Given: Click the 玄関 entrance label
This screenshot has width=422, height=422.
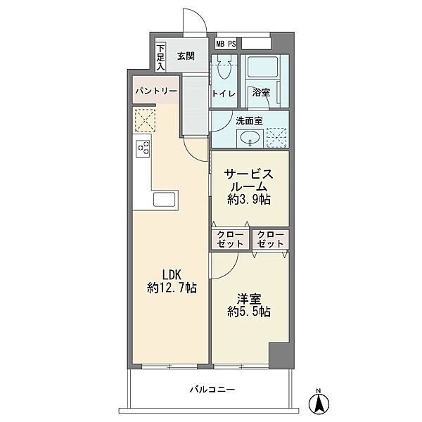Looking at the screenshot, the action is tap(186, 56).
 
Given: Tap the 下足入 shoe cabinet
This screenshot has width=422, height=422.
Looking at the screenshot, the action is tap(160, 58).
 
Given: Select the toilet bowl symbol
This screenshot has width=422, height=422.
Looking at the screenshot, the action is tap(224, 68).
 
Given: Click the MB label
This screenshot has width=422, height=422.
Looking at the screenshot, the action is tap(220, 44).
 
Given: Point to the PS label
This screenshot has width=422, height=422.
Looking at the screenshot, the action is tap(232, 44).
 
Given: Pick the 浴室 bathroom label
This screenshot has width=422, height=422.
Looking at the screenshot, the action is tap(261, 92).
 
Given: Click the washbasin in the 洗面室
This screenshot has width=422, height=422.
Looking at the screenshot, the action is tap(250, 139).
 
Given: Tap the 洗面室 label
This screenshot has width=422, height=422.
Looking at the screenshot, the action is tap(249, 121).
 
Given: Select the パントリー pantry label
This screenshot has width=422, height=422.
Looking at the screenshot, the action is tap(156, 91).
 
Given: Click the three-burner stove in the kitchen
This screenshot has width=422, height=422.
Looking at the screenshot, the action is tap(143, 149).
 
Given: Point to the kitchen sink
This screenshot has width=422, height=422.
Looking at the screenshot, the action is tap(164, 200).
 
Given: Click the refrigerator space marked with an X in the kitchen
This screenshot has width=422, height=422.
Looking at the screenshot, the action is tap(145, 120).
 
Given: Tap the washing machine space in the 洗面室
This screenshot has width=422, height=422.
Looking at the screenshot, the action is tap(276, 138).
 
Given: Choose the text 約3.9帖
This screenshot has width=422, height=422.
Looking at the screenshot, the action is tap(249, 200).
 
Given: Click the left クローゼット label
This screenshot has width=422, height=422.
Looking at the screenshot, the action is tap(231, 239).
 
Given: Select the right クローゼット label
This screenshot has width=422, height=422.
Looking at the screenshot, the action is tap(270, 239).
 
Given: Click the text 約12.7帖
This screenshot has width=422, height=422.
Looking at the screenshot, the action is tap(172, 288).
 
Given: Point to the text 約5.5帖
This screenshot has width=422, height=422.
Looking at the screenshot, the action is tap(249, 312).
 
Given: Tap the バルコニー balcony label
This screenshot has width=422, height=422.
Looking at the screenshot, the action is tap(212, 389).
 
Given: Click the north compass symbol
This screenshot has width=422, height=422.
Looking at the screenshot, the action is tap(319, 402).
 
